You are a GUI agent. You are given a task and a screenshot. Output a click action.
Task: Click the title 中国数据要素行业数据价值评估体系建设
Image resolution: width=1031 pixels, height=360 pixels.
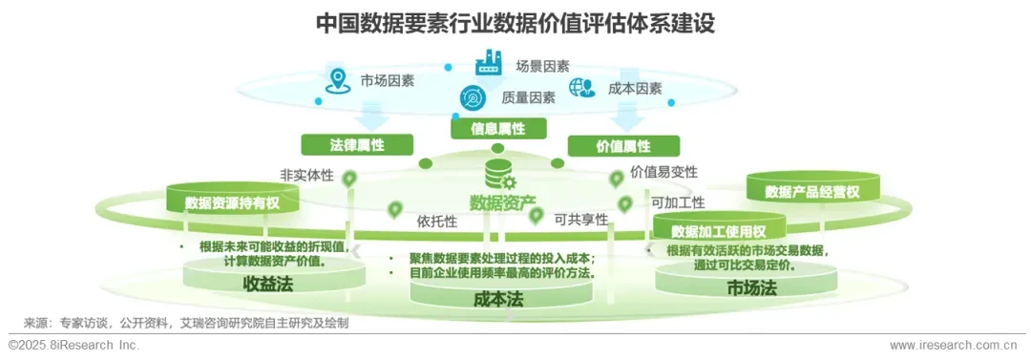tap(515, 23)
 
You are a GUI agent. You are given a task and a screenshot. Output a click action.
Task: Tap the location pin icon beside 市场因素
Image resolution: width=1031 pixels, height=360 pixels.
tap(335, 80)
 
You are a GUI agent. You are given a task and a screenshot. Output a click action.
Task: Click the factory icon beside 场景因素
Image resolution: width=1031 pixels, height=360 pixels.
tap(488, 63)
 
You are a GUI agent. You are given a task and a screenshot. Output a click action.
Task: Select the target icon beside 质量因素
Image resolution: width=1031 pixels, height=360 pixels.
tap(473, 97)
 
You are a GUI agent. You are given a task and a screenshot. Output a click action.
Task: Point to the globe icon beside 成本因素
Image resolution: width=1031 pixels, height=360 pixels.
tap(581, 88)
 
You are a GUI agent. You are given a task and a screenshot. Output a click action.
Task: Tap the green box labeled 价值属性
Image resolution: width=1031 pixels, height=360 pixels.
tap(623, 146)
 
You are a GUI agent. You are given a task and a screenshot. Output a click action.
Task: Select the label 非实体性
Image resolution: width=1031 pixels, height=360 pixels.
tap(306, 176)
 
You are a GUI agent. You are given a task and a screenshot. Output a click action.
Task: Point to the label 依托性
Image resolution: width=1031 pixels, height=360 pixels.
tap(437, 222)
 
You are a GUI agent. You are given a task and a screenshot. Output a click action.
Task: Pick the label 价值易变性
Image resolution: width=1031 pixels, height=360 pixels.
tap(663, 172)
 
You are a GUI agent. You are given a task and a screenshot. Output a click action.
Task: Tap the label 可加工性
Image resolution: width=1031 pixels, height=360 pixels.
tap(678, 202)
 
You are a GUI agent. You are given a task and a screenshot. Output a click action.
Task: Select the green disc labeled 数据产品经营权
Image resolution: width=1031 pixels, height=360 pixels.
tap(812, 191)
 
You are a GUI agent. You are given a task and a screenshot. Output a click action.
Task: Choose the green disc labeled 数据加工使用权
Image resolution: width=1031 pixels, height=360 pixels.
tap(719, 231)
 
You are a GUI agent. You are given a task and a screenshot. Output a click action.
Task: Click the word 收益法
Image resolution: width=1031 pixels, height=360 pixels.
tap(265, 284)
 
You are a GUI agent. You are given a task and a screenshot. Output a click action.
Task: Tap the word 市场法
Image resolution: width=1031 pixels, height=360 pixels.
tap(750, 287)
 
